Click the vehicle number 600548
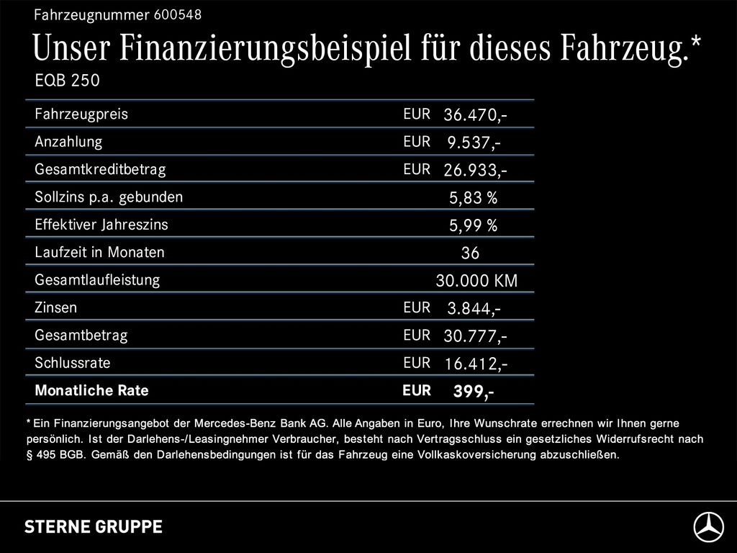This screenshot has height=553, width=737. point(178,14)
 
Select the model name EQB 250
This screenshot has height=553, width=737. point(67,81)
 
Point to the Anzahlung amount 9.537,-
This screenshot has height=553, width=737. point(474,143)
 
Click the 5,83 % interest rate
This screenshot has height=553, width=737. point(473,198)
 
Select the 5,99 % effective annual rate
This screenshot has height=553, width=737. point(473,226)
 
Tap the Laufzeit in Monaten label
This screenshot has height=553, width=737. point(99,253)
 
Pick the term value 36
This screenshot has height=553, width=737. point(470,253)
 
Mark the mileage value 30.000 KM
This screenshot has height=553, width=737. point(476,281)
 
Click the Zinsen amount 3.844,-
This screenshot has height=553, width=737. point(474,309)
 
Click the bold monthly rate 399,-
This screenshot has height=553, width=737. point(473,392)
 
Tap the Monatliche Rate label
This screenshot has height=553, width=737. point(91,391)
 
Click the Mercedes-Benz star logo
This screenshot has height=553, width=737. point(708,527)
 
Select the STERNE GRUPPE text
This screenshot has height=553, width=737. point(94,527)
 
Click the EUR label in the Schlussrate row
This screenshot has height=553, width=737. point(417,363)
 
